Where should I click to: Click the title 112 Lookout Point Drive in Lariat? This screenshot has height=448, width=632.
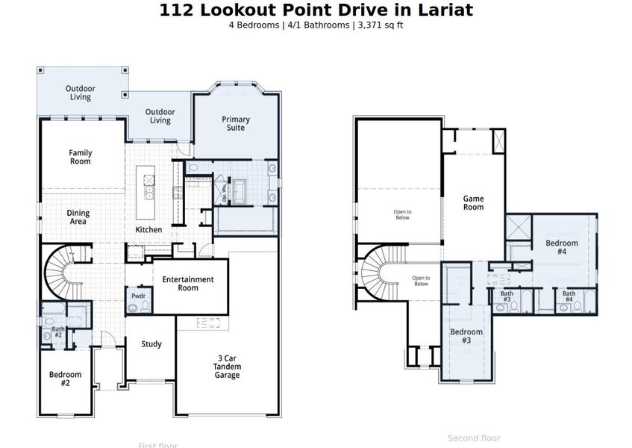pos(316,10)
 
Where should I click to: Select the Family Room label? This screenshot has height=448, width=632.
pos(81,158)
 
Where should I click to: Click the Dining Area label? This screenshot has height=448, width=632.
pos(78,217)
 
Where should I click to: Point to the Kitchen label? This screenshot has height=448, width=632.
pos(148,230)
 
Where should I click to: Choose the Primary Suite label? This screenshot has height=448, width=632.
pos(236,123)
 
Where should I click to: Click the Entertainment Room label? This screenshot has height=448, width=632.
pos(188,284)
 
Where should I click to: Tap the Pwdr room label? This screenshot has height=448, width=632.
pos(138,296)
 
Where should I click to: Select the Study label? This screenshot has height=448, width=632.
pos(151,344)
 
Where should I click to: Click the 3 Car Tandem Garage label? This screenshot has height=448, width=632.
pos(228,367)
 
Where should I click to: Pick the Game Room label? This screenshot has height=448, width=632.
pos(473,203)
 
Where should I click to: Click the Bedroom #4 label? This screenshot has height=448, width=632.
pos(561,247)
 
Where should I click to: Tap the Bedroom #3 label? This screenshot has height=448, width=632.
pos(466,336)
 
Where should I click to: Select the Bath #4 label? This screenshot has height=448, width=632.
pos(569,296)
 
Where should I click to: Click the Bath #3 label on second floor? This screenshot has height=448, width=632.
pos(507,296)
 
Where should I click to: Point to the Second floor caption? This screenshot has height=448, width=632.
pos(474,438)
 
